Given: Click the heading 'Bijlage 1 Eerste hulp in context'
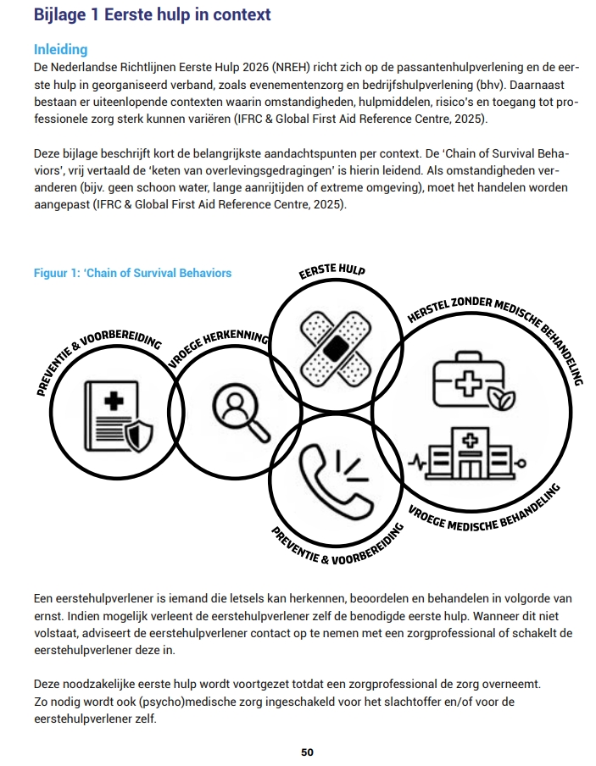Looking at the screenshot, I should pos(152,14).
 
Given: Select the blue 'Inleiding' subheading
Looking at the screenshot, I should pos(60,50).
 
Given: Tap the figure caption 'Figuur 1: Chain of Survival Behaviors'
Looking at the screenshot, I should pos(132,273).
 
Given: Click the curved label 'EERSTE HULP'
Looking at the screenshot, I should pos(331,272).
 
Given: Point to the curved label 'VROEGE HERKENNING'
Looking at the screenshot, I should pos(218,344).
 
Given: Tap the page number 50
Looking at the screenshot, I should pos(308,752).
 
